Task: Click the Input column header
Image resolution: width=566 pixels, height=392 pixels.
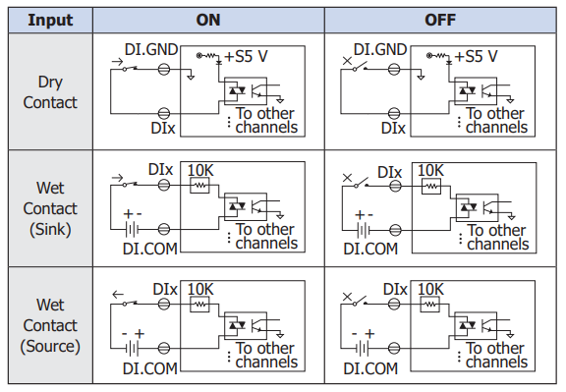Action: pyautogui.click(x=50, y=20)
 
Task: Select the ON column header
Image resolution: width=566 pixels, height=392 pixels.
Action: pyautogui.click(x=208, y=20)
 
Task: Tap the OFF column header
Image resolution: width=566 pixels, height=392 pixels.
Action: pyautogui.click(x=440, y=20)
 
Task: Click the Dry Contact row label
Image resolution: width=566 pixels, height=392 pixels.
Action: pyautogui.click(x=50, y=92)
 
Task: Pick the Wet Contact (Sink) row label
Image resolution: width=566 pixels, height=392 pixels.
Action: pyautogui.click(x=50, y=208)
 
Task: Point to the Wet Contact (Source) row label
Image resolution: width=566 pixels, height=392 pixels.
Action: pyautogui.click(x=50, y=325)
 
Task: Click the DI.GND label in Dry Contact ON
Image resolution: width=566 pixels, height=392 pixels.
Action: pyautogui.click(x=151, y=50)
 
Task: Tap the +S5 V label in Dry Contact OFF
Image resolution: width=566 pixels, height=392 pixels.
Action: pyautogui.click(x=477, y=56)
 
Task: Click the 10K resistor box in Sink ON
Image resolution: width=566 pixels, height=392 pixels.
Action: pyautogui.click(x=199, y=186)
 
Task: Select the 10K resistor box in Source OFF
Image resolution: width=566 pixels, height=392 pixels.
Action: pyautogui.click(x=430, y=304)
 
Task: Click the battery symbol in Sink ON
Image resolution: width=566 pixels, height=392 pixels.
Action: pyautogui.click(x=132, y=229)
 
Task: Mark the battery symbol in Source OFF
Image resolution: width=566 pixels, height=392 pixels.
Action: pyautogui.click(x=362, y=349)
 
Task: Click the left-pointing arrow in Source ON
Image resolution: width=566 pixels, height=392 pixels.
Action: pyautogui.click(x=118, y=295)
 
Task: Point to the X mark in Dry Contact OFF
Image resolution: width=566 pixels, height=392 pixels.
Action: pyautogui.click(x=347, y=61)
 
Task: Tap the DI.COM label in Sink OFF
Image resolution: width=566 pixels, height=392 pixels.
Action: pyautogui.click(x=370, y=249)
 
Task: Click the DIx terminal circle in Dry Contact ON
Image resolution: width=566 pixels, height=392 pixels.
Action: pyautogui.click(x=164, y=114)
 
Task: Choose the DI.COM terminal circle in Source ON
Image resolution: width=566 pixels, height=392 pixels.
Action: pyautogui.click(x=164, y=349)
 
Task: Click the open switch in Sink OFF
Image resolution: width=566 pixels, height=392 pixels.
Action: pyautogui.click(x=361, y=183)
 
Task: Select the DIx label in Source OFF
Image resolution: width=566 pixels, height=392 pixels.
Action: pyautogui.click(x=395, y=289)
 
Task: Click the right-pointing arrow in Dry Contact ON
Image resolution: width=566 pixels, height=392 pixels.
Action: pyautogui.click(x=117, y=62)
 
